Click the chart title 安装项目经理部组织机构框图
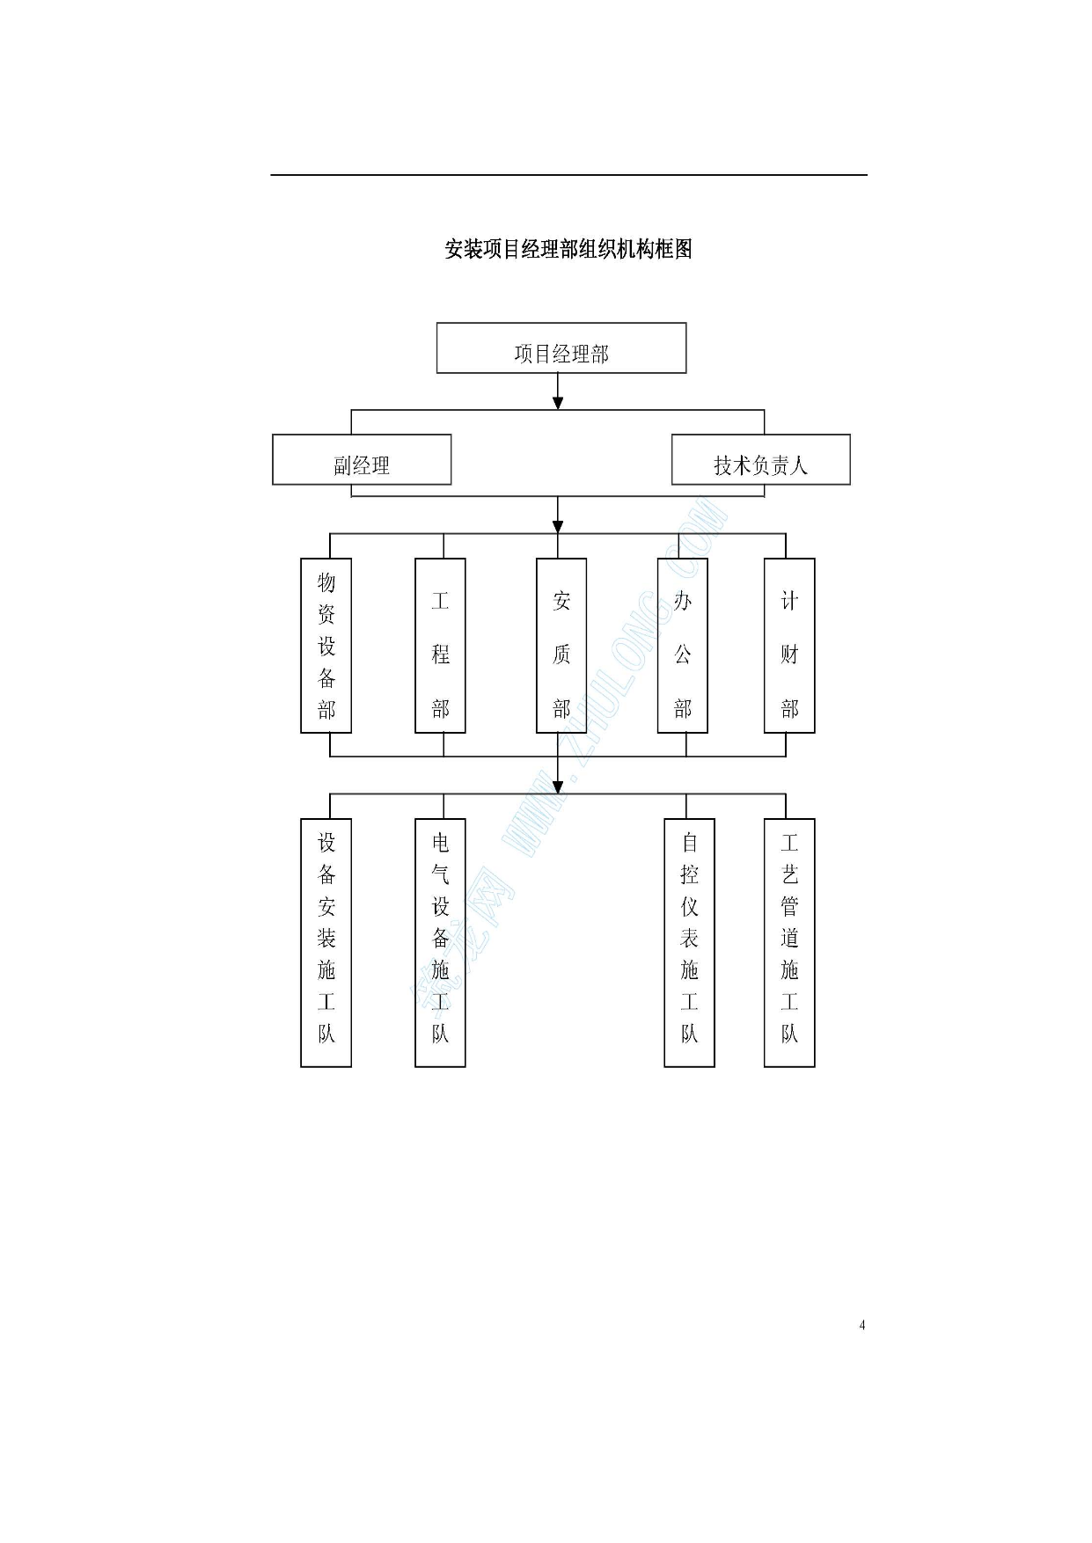click(568, 249)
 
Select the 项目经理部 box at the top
click(561, 347)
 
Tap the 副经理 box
click(362, 459)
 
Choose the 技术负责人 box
click(761, 459)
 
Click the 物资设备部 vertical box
click(326, 646)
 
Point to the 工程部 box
click(440, 646)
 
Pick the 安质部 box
click(561, 646)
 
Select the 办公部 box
click(683, 646)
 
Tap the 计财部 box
click(789, 646)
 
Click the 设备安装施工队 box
click(326, 943)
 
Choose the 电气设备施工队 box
click(440, 943)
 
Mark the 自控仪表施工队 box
click(689, 943)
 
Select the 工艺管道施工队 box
click(789, 943)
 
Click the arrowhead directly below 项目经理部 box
click(558, 403)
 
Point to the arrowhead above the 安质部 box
click(558, 526)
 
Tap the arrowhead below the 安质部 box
click(558, 786)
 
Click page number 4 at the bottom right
click(862, 1325)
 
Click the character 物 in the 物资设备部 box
click(326, 582)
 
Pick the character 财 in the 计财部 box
click(789, 654)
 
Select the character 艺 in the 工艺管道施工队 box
click(789, 874)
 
